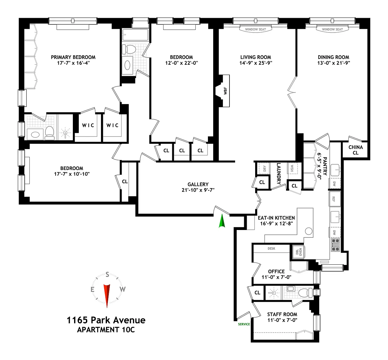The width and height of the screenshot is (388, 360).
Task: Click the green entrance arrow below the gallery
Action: [222, 221]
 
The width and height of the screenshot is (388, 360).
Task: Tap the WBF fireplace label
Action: [225, 91]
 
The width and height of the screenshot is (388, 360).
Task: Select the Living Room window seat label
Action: [255, 29]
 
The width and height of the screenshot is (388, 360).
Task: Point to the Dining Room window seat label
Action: [332, 29]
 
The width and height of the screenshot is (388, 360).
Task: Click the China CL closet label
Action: [355, 150]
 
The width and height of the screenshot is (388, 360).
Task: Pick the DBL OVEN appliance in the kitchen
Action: [299, 252]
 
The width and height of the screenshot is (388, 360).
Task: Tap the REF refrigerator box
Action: [335, 199]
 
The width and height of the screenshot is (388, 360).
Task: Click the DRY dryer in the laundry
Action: [265, 168]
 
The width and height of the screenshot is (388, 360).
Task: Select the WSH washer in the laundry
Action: [292, 168]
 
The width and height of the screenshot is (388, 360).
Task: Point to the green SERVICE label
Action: [244, 324]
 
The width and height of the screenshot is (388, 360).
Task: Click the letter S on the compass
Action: [107, 275]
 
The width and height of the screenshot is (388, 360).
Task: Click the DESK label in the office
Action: [271, 248]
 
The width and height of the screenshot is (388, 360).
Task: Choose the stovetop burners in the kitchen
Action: [335, 245]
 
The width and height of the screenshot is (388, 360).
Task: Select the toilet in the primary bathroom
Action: [49, 133]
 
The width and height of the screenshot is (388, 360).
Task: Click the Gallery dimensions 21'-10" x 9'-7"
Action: [198, 190]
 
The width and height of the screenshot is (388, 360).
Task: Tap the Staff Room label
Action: [282, 314]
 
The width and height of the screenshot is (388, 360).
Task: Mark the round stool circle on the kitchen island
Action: [309, 231]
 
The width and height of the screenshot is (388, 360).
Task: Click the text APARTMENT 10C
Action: [106, 330]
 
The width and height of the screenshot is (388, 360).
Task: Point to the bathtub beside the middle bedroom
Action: [135, 35]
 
